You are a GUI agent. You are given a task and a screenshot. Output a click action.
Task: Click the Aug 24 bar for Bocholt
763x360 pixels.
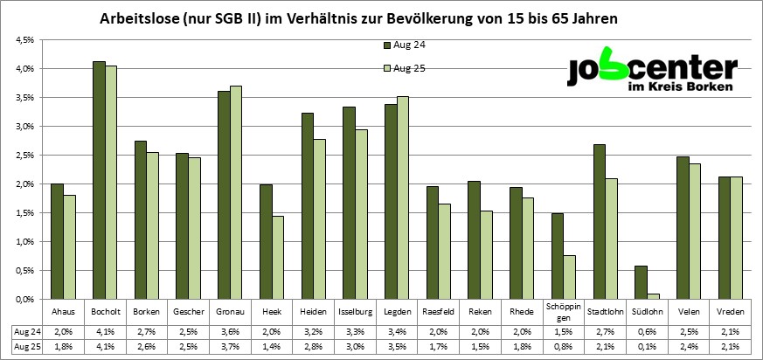click(99, 180)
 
